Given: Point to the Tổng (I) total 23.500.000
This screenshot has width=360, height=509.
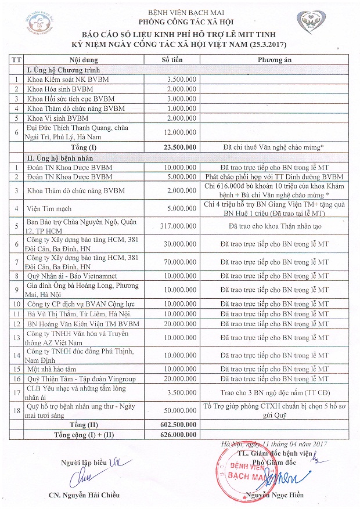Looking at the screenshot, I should pyautogui.click(x=179, y=147).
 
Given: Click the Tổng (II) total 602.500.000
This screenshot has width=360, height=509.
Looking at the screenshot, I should pyautogui.click(x=179, y=425).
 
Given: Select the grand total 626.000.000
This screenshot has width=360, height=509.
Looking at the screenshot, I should pyautogui.click(x=179, y=434).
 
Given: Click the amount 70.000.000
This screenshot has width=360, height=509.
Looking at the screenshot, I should pyautogui.click(x=180, y=262).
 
